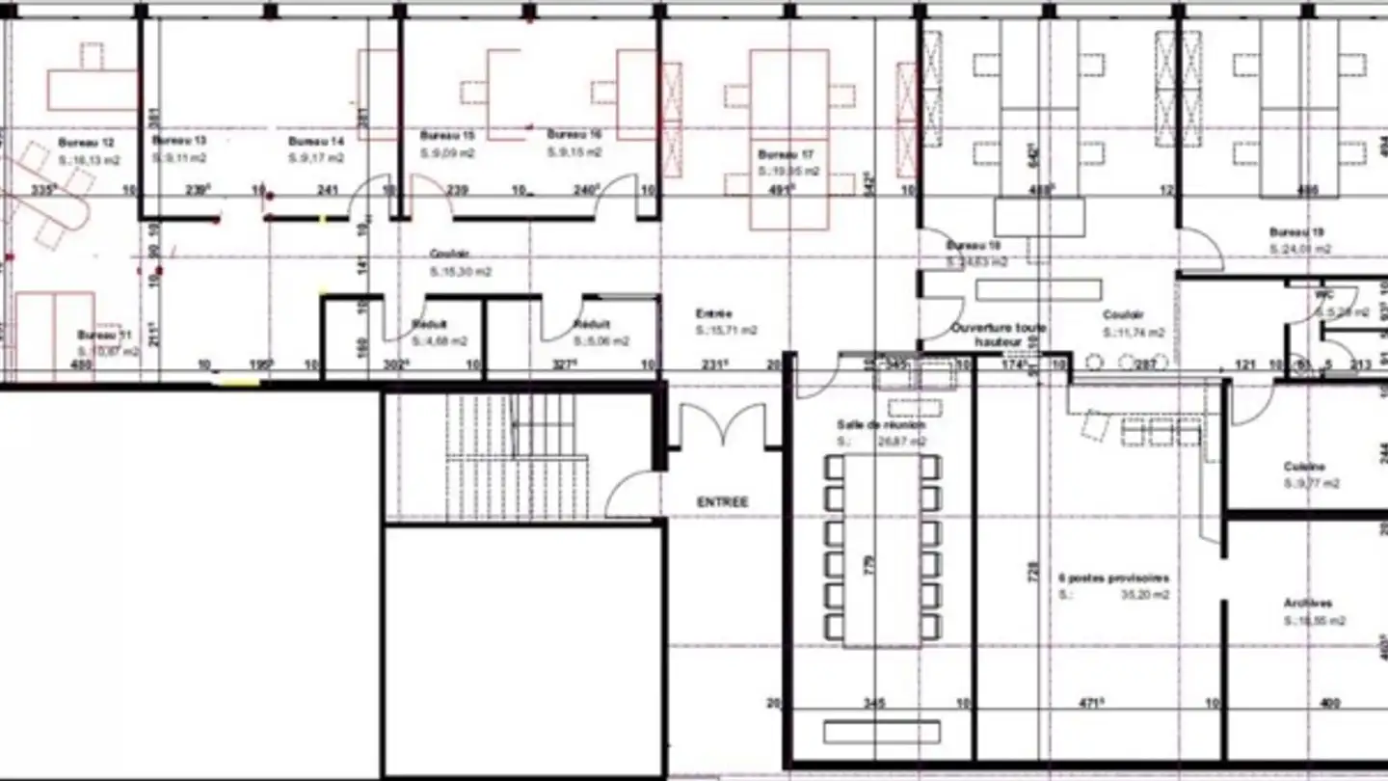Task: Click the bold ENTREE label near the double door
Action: click(x=723, y=502)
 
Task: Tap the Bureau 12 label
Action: click(x=80, y=142)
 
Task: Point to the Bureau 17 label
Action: click(x=787, y=154)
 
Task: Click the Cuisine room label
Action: click(x=1304, y=467)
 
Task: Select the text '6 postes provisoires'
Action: click(x=1113, y=578)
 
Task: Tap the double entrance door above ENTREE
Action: click(x=723, y=429)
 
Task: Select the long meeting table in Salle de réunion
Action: click(x=882, y=550)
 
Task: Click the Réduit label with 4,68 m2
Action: click(x=429, y=325)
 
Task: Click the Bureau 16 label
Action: click(x=574, y=135)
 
